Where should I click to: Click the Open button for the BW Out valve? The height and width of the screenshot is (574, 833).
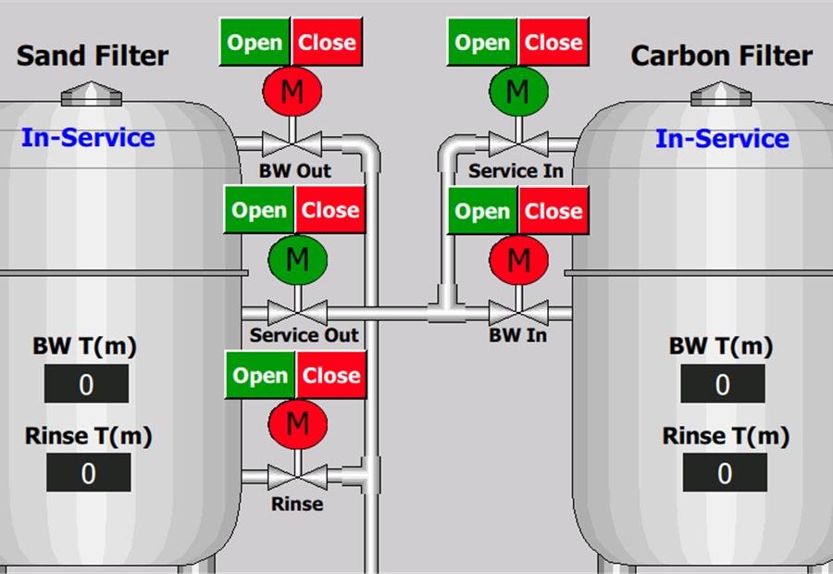click(255, 42)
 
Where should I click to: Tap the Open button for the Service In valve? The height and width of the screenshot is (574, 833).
click(482, 42)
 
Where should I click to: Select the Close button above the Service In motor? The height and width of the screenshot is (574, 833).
click(553, 42)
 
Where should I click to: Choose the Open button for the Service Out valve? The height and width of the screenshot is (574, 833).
click(259, 210)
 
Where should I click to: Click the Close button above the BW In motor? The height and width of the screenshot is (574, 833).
click(553, 211)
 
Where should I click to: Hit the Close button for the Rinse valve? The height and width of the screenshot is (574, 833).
click(331, 375)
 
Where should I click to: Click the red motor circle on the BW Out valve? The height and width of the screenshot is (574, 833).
click(292, 92)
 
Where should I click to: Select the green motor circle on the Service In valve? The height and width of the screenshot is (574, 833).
click(518, 92)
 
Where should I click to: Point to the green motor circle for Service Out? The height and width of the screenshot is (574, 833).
click(297, 260)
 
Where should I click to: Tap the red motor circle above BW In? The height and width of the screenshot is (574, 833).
click(518, 260)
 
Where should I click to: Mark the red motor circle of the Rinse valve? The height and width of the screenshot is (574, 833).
click(297, 424)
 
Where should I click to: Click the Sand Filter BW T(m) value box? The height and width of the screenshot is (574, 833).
click(86, 383)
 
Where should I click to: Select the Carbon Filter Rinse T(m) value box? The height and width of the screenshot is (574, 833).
click(725, 472)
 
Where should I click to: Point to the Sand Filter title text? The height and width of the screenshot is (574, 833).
click(93, 56)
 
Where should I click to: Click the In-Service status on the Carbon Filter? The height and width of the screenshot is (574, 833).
click(722, 139)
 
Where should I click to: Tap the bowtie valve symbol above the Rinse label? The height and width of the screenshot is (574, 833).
click(297, 477)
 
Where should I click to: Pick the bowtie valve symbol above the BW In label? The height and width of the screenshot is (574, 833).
click(518, 313)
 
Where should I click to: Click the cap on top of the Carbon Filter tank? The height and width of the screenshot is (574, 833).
click(721, 94)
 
